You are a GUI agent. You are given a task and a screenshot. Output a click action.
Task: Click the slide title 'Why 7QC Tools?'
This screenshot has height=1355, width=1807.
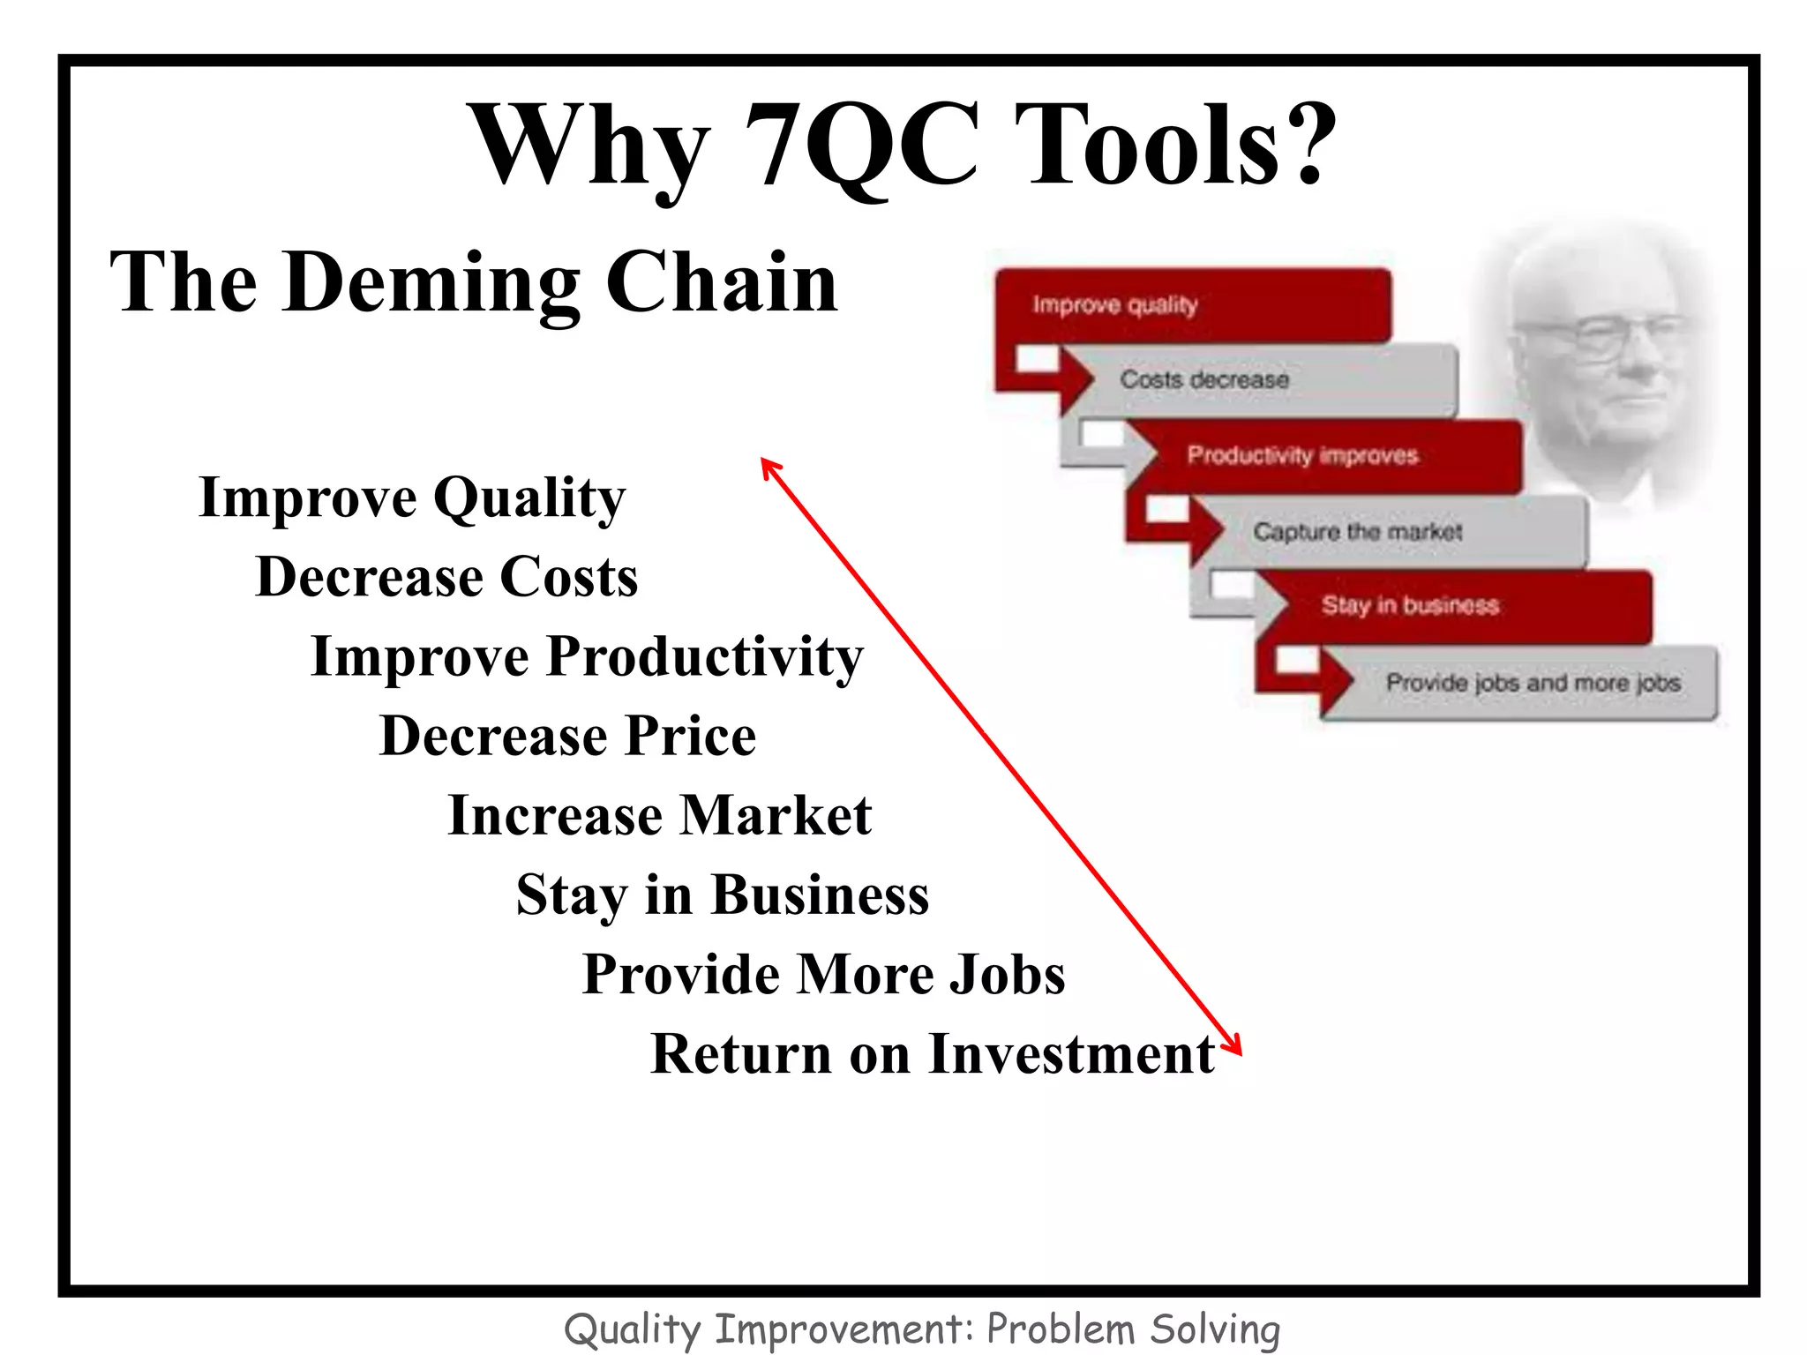905,146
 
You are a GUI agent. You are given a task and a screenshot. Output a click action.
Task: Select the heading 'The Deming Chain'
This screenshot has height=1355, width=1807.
474,282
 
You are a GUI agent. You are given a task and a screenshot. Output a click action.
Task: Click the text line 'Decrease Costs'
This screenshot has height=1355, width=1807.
446,577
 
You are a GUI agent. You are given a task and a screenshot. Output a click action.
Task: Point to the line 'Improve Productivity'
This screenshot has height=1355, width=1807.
587,657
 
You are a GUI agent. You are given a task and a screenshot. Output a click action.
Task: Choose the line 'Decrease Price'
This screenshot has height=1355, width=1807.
567,736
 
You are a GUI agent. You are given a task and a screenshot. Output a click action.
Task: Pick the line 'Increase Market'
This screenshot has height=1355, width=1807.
659,815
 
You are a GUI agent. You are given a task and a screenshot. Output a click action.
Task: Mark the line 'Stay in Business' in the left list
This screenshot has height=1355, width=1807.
722,895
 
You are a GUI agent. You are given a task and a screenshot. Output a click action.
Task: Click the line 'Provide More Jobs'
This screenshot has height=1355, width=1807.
823,975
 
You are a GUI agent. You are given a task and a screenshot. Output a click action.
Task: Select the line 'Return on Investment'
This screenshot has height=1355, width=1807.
932,1054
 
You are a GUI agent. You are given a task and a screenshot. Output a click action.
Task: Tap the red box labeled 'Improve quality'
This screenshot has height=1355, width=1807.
1191,305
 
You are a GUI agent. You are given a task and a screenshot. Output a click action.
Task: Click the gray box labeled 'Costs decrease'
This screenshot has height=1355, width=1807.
1262,380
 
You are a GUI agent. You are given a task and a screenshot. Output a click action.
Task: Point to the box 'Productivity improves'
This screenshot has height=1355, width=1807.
1323,456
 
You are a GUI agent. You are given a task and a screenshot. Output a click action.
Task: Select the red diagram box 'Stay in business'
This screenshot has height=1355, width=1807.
1447,606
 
